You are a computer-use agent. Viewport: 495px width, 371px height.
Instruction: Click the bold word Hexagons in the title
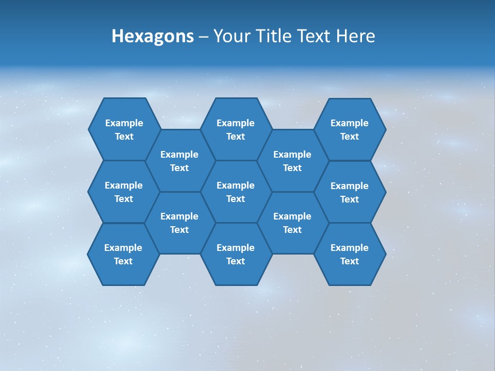pos(153,37)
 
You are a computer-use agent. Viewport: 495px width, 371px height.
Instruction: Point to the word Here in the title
pos(355,37)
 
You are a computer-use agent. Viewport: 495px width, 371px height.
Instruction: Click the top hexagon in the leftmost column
pos(124,129)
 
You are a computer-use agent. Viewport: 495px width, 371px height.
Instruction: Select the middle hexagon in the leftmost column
pos(124,192)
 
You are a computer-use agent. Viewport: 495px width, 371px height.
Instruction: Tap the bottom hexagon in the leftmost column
pos(123,254)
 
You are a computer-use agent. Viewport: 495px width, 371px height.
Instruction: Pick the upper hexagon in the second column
pos(179,161)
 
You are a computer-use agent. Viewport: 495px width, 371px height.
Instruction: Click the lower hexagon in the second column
pos(179,223)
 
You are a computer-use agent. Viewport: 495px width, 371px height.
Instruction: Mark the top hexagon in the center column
pos(236,129)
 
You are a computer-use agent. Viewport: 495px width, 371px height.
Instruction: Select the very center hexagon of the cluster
pos(236,192)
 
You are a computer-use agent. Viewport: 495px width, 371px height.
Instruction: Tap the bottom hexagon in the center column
pos(236,254)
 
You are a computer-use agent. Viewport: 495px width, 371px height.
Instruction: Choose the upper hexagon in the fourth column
pos(292,161)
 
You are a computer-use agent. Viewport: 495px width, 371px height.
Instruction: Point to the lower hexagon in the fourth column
pos(292,223)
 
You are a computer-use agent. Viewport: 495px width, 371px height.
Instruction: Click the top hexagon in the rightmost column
pos(350,129)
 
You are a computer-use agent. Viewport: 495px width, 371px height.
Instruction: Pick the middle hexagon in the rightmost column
pos(350,192)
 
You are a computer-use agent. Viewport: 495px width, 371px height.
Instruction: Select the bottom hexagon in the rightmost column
pos(350,254)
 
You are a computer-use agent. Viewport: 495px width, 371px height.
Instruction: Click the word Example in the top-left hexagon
pos(124,123)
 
